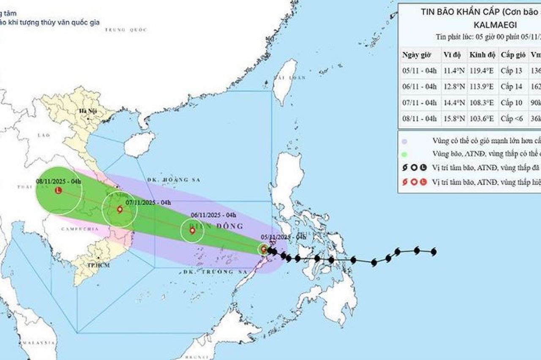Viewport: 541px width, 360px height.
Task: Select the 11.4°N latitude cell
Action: pyautogui.click(x=454, y=71)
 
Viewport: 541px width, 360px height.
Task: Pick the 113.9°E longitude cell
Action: pyautogui.click(x=482, y=87)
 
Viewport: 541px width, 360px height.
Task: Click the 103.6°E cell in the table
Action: pyautogui.click(x=482, y=119)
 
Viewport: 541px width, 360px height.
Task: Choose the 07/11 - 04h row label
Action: pyautogui.click(x=419, y=103)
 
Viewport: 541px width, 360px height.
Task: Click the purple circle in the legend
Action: pyautogui.click(x=405, y=141)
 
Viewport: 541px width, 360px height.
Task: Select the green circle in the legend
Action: pyautogui.click(x=405, y=154)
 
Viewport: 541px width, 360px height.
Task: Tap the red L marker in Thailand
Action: pyautogui.click(x=58, y=191)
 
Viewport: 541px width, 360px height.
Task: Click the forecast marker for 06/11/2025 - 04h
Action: pyautogui.click(x=192, y=231)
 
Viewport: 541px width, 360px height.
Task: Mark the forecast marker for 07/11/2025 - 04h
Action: pyautogui.click(x=120, y=209)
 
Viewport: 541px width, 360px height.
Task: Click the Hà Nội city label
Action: pyautogui.click(x=85, y=111)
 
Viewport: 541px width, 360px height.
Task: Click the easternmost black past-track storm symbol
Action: pyautogui.click(x=433, y=252)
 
